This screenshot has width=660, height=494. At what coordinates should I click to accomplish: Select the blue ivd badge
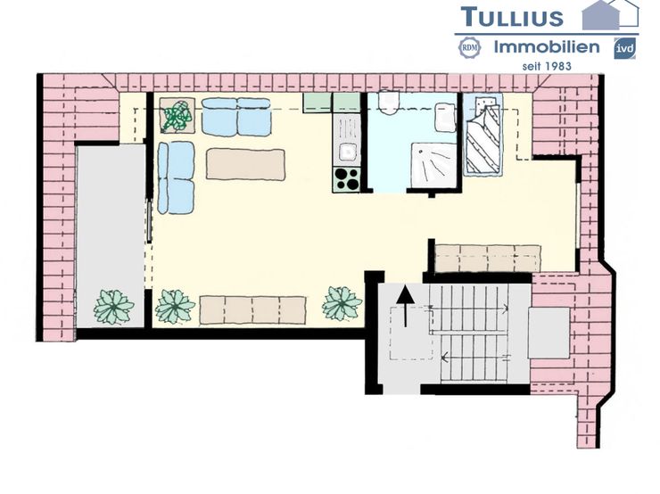[624, 48]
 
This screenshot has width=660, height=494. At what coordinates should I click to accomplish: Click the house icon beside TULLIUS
[611, 14]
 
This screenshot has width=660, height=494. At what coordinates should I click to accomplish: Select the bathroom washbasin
[445, 117]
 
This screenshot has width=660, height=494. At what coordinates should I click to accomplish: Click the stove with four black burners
[346, 178]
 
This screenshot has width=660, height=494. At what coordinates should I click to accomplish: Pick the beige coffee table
[245, 164]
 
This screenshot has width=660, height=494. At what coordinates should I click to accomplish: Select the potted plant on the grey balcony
[113, 306]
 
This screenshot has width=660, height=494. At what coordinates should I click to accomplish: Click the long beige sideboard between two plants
[252, 309]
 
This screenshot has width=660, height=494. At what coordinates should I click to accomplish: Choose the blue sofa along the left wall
[176, 177]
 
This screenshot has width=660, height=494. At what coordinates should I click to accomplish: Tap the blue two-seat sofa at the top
[236, 117]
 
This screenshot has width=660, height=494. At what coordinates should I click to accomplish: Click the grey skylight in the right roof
[548, 333]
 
